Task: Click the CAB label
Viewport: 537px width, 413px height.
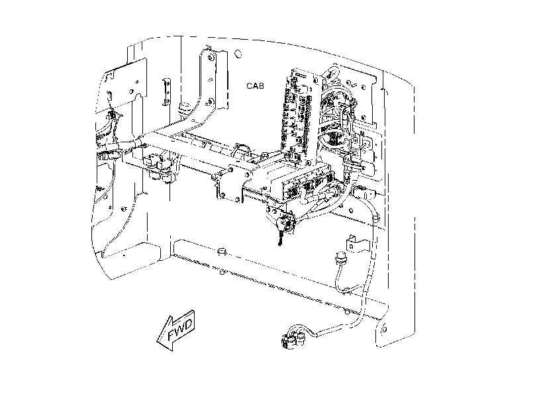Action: [255, 85]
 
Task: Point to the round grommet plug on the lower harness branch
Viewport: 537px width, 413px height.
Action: [341, 259]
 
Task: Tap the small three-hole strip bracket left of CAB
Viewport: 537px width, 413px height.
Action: [167, 91]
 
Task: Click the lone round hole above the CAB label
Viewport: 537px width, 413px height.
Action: [238, 54]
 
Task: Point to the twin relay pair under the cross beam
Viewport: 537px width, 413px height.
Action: [158, 168]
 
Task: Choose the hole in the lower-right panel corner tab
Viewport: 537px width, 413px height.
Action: [384, 329]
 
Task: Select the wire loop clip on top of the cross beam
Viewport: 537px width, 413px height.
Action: [242, 151]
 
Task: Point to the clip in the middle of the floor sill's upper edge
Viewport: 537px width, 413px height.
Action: [222, 252]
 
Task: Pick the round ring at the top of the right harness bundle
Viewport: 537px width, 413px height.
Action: [332, 73]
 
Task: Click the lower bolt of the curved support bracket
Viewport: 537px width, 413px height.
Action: [211, 101]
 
